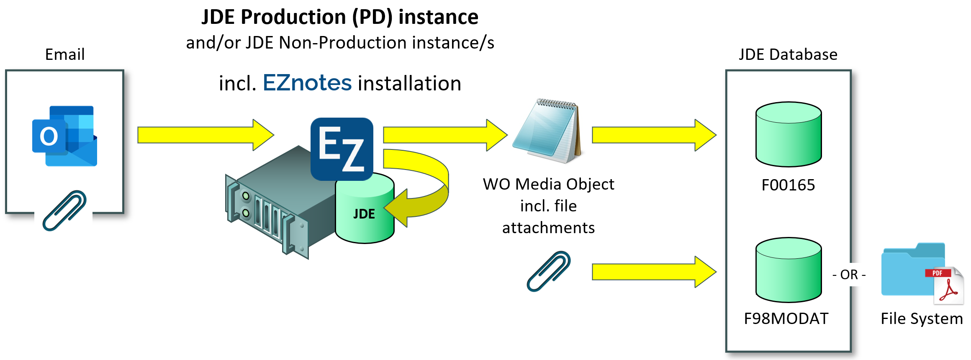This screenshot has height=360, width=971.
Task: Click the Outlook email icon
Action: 64,136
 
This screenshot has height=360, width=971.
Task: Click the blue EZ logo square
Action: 342,149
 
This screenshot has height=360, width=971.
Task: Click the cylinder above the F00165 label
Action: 789,134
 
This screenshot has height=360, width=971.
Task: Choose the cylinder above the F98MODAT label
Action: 789,270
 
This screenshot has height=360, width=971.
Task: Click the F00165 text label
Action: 788,185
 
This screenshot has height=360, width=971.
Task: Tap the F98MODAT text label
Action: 786,319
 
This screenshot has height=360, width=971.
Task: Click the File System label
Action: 922,319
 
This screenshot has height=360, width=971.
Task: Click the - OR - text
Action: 849,275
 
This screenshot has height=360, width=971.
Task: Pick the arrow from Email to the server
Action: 205,135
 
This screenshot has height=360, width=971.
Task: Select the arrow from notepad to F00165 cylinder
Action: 653,135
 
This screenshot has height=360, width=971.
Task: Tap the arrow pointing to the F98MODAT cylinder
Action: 653,272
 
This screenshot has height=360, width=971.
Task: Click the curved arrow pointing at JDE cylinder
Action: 431,188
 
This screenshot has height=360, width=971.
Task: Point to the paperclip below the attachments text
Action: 548,271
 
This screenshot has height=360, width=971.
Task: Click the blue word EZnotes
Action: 307,83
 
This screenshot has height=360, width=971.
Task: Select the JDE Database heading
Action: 788,54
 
